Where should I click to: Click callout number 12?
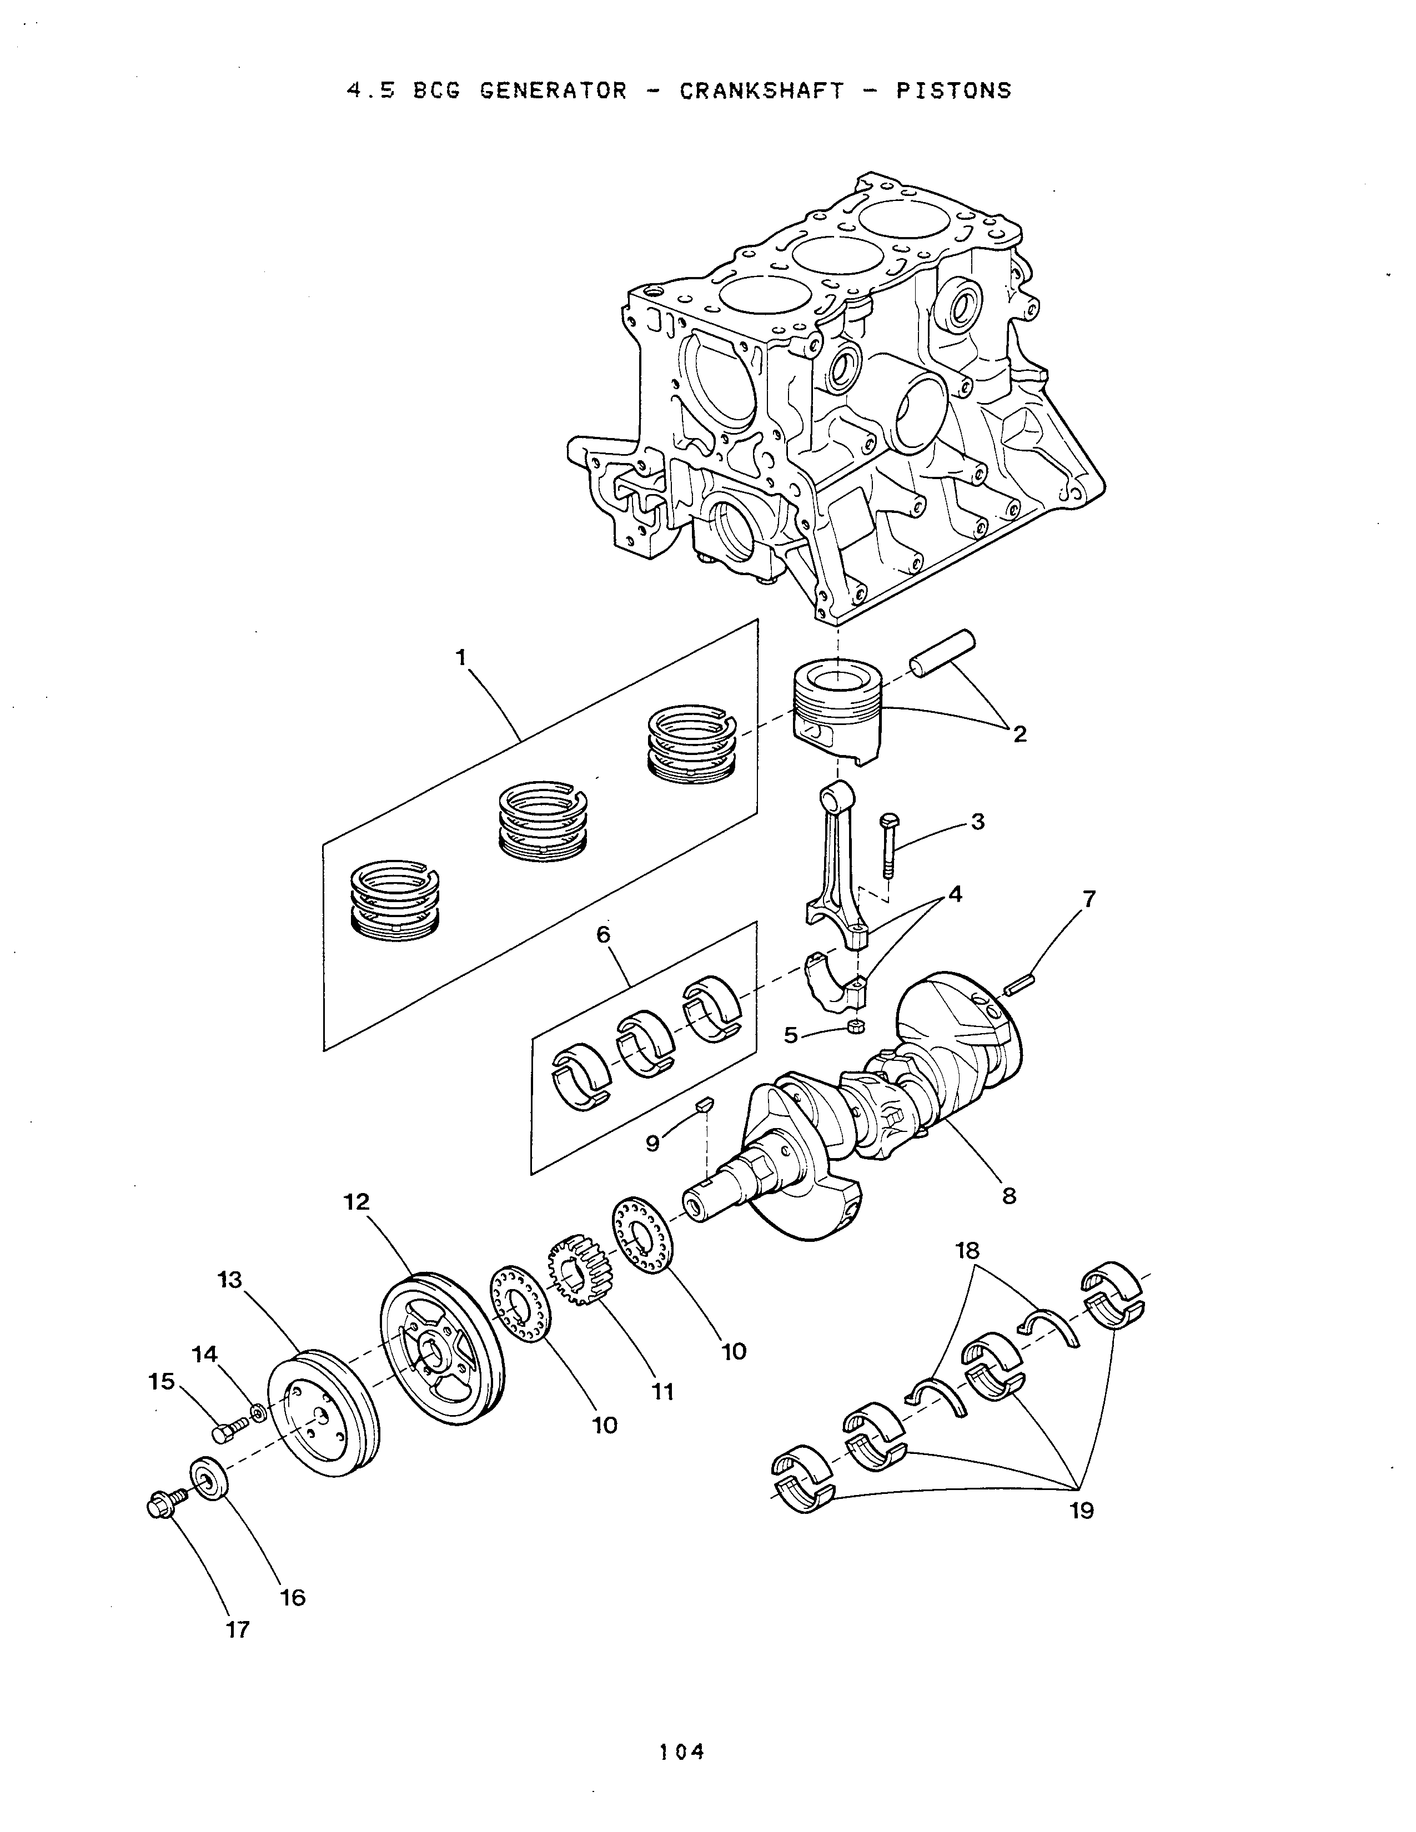(x=356, y=1202)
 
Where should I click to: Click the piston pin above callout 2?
(x=943, y=653)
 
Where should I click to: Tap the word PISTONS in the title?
(x=954, y=90)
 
